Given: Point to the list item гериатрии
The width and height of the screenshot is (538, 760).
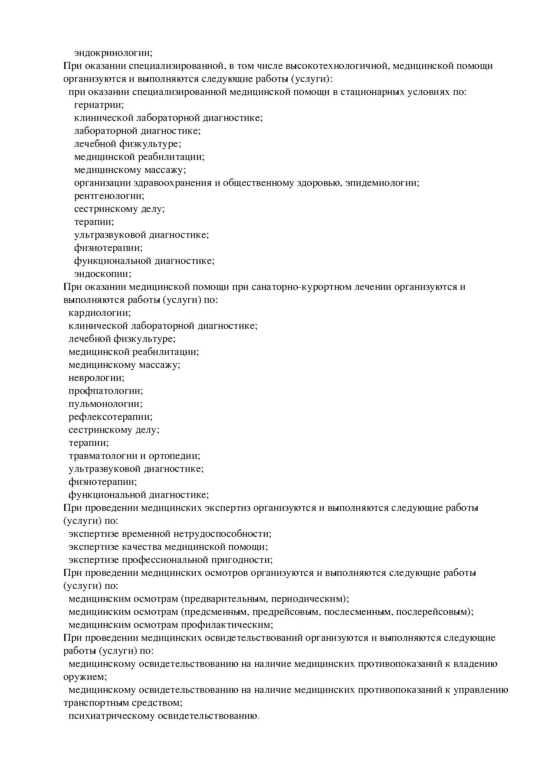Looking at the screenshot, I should point(99,105).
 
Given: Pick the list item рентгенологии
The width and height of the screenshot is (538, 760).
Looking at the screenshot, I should point(109,196).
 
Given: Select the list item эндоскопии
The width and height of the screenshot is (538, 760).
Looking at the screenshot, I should point(102,274).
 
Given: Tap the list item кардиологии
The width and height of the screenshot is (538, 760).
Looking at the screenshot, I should point(99,313).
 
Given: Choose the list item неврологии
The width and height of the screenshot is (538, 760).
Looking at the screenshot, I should point(96,378).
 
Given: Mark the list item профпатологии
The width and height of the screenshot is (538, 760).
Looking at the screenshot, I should point(105,391).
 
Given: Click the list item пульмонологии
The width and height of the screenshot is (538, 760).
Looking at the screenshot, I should point(105,404).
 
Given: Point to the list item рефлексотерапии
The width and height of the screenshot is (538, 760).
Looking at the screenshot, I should point(110,417).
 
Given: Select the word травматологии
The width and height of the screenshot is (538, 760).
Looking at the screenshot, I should point(102,456).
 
